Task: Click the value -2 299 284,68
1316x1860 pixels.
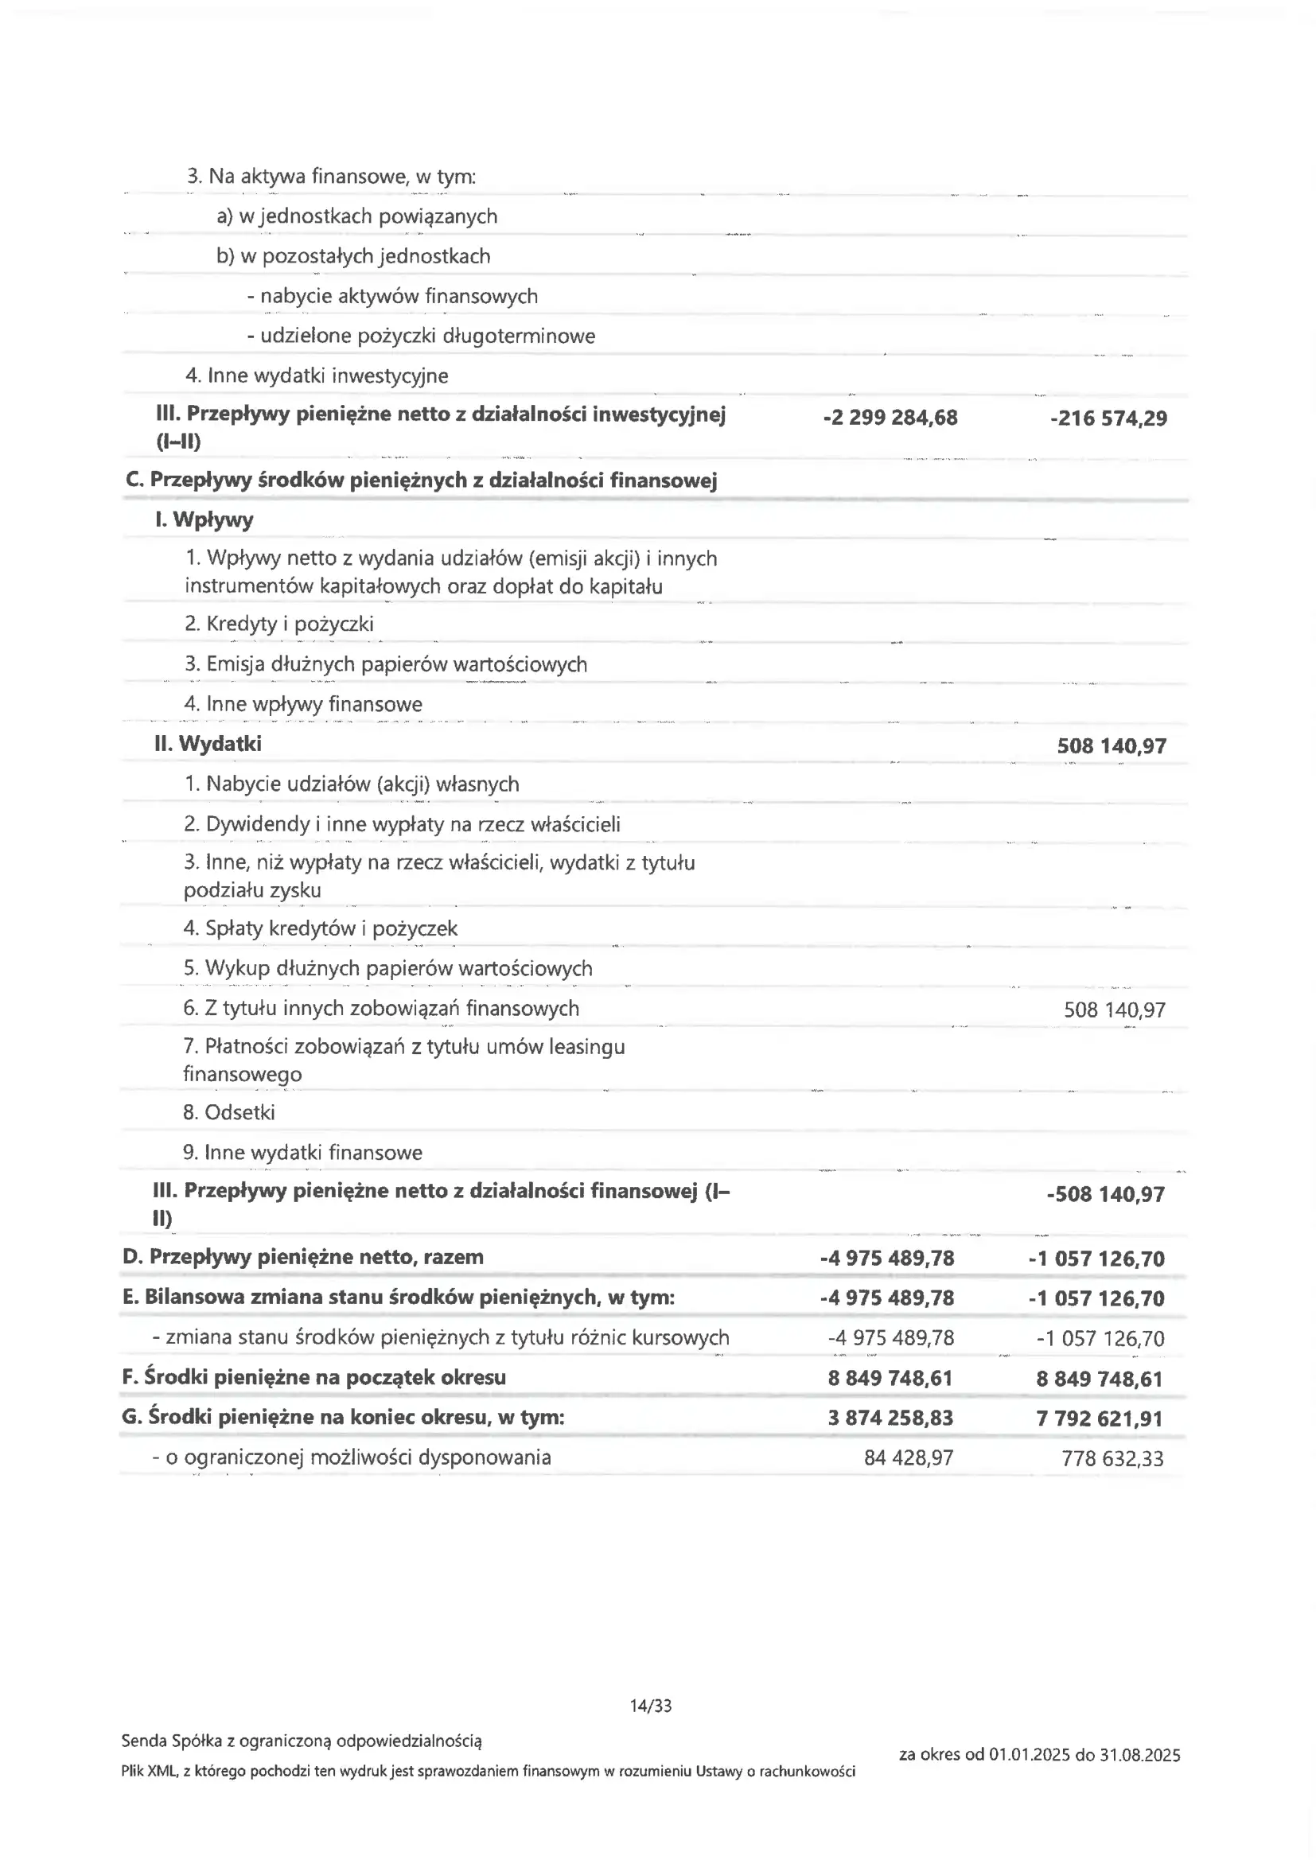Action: coord(890,418)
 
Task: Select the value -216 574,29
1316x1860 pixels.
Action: coord(1108,418)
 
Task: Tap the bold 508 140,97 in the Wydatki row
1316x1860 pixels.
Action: coord(1111,746)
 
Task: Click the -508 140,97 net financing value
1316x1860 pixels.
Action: coord(1105,1194)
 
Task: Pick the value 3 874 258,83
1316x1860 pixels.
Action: coord(890,1418)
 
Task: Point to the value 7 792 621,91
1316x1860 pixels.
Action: coord(1099,1418)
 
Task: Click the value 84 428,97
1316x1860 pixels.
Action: coord(909,1458)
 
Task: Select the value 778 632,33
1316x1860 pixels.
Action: coord(1112,1459)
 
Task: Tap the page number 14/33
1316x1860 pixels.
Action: coord(651,1706)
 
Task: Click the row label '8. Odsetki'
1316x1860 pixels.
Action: coord(228,1112)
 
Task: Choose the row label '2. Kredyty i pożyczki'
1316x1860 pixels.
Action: coord(278,624)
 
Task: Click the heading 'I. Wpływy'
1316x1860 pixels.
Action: coord(204,520)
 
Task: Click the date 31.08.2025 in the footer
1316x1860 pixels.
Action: coord(1140,1755)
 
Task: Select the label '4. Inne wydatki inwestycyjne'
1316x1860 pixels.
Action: coord(316,376)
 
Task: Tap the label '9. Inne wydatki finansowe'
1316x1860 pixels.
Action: coord(302,1152)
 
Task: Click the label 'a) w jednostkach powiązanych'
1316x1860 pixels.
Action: coord(356,216)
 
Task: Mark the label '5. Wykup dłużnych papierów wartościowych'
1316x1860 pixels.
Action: coord(387,968)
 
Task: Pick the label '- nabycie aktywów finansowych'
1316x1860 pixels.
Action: coord(392,297)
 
